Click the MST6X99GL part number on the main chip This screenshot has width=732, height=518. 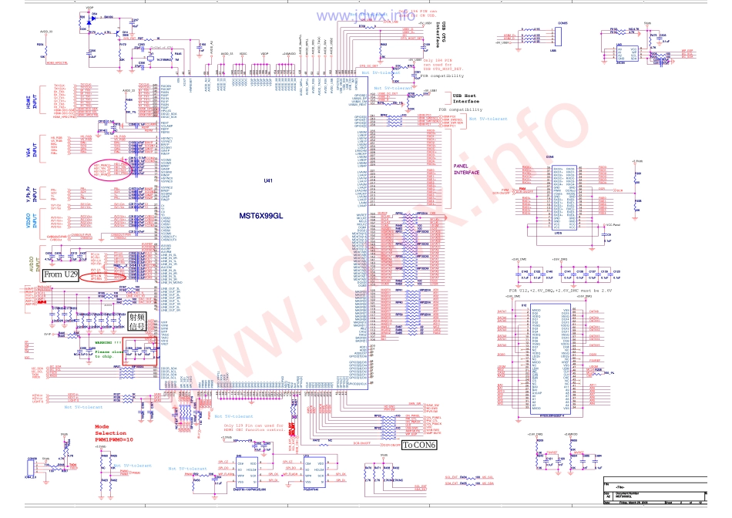(x=261, y=217)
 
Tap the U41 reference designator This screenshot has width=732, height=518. (x=268, y=180)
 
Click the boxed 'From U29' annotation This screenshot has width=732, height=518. (x=62, y=274)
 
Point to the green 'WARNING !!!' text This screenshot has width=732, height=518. (x=109, y=341)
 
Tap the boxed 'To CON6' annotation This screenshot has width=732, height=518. (x=420, y=446)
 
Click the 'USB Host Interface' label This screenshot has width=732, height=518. (x=466, y=98)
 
